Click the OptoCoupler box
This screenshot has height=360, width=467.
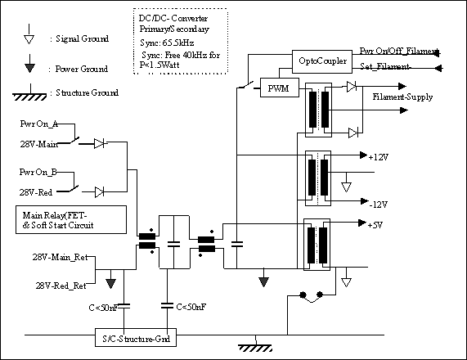click(x=322, y=61)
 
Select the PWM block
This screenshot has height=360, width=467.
click(x=280, y=88)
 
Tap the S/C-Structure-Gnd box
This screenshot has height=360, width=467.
click(x=136, y=338)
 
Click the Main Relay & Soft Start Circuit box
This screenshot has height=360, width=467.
click(x=71, y=219)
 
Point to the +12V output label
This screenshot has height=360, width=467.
click(x=378, y=157)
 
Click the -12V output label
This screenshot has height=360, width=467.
click(x=379, y=205)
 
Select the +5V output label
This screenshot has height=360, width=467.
click(x=375, y=225)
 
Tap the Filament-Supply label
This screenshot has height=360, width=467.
click(x=402, y=97)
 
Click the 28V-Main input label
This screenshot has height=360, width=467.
click(x=39, y=144)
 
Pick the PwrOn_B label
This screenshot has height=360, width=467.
click(x=38, y=172)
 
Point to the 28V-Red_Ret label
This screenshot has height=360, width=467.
click(x=61, y=286)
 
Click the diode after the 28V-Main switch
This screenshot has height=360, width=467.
click(x=99, y=143)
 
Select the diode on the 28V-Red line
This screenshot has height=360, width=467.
click(x=99, y=192)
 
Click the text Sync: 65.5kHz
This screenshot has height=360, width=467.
click(x=167, y=43)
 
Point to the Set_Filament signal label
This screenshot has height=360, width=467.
click(x=385, y=66)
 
